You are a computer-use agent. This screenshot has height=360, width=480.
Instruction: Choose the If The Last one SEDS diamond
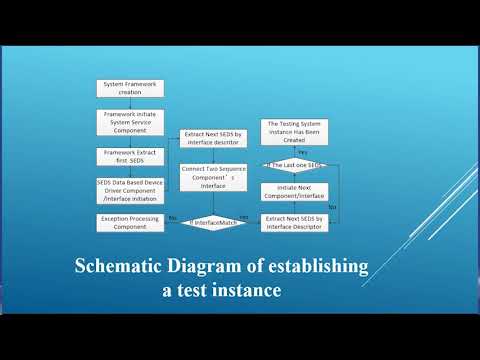click(x=295, y=164)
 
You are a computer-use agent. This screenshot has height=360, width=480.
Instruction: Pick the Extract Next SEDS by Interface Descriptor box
click(x=294, y=221)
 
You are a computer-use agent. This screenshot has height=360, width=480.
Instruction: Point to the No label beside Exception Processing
click(x=172, y=216)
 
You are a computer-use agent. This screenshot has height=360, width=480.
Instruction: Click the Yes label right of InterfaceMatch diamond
click(x=244, y=216)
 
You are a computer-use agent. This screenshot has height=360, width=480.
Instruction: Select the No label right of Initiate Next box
click(x=332, y=206)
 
